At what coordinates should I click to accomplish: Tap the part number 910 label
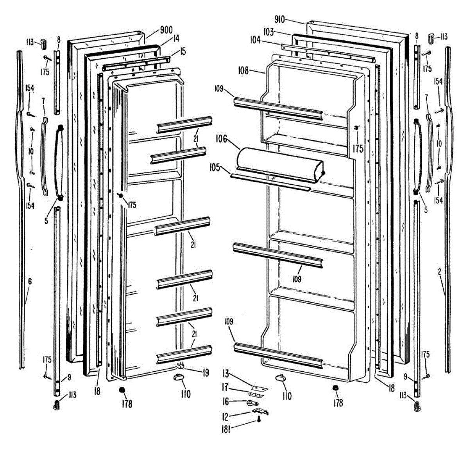pos(280,19)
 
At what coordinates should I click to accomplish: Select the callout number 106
pos(221,139)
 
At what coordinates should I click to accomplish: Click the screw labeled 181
pos(258,420)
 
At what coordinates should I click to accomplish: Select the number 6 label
pos(30,281)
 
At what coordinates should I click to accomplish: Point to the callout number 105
pos(215,168)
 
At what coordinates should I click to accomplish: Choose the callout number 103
pos(268,32)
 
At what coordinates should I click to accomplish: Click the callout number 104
pos(255,40)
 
